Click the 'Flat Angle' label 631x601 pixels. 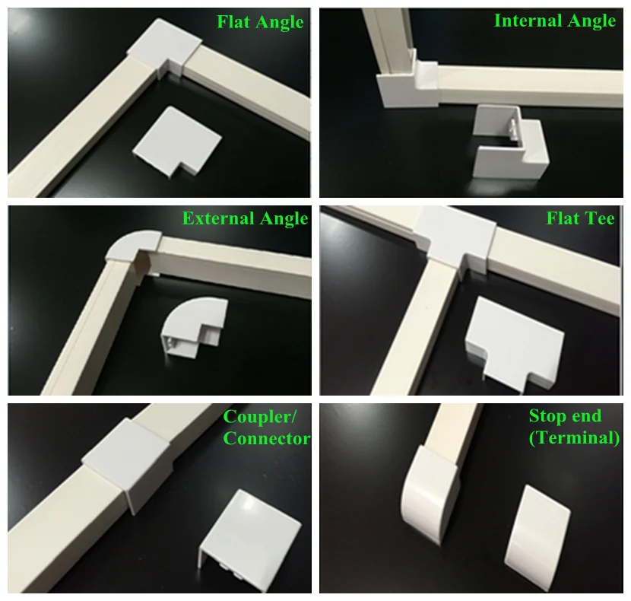click(x=260, y=22)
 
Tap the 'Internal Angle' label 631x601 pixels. click(x=555, y=21)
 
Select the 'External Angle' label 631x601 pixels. click(x=245, y=218)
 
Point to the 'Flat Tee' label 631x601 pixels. click(x=580, y=218)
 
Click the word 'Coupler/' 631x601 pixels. click(x=260, y=417)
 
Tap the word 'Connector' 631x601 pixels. click(x=266, y=438)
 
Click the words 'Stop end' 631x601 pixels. click(x=565, y=415)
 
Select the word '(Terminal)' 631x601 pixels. click(x=574, y=437)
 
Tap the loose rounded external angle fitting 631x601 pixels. click(x=195, y=326)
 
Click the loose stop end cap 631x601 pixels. click(x=537, y=532)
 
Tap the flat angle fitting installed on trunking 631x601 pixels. click(x=165, y=49)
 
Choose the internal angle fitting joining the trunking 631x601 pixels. click(x=407, y=84)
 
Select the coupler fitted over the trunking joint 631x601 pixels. click(x=128, y=461)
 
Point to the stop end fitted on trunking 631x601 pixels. click(x=429, y=493)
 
